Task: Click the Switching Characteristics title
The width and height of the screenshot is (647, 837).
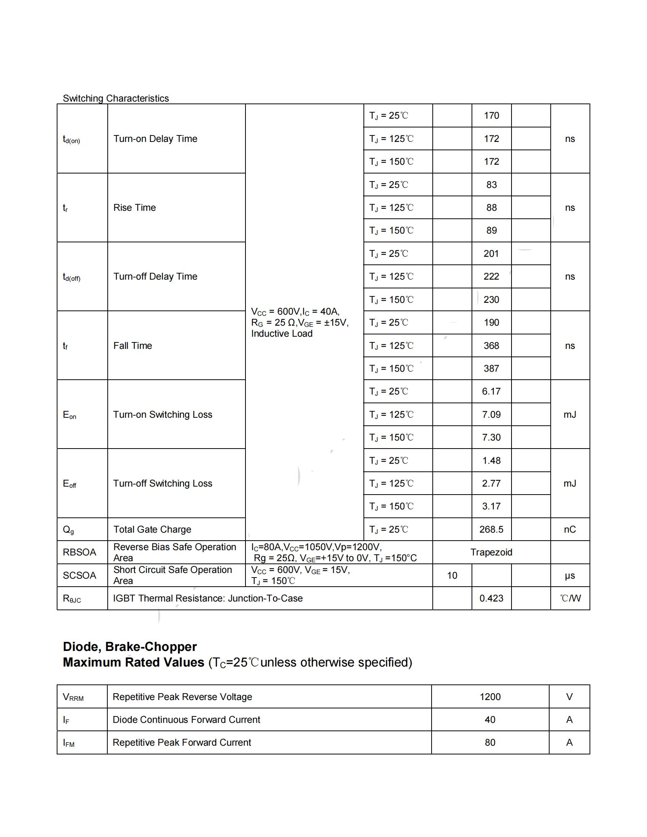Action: point(116,99)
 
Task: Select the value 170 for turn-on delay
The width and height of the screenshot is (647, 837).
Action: point(491,116)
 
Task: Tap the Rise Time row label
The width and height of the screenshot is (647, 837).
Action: point(134,208)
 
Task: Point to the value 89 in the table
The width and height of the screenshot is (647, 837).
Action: point(491,230)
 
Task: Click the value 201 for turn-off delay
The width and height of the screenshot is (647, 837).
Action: point(491,253)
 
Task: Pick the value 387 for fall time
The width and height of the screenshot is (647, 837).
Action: point(491,368)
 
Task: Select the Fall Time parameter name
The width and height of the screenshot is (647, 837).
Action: point(132,346)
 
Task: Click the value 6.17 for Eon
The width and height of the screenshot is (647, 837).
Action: point(491,391)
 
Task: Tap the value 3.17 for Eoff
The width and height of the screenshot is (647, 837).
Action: point(491,506)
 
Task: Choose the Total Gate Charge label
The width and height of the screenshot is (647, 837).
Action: point(152,529)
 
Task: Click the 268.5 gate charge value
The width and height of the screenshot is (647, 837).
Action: point(491,529)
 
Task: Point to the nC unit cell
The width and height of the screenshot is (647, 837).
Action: point(570,529)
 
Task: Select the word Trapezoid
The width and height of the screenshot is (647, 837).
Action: point(491,552)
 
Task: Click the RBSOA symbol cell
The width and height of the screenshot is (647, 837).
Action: point(79,552)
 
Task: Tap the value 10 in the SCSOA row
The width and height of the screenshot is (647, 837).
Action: point(452,575)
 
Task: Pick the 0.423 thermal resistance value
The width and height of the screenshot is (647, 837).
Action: point(491,598)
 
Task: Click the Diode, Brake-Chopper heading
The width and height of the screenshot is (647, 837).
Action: point(129,647)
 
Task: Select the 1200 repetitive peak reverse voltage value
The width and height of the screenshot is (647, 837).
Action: point(490,697)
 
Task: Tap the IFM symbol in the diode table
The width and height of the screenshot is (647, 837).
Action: point(69,743)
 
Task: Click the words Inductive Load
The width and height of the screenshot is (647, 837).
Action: point(282,334)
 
